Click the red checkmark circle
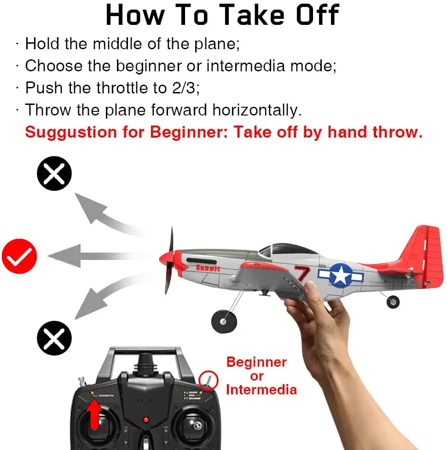tap(19, 256)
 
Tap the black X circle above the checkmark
tap(54, 174)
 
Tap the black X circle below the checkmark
tap(54, 338)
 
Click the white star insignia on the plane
tap(340, 276)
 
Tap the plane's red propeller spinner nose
tap(165, 259)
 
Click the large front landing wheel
tap(224, 321)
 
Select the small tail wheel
tap(393, 302)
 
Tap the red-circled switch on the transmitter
tap(208, 381)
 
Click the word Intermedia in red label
tap(261, 390)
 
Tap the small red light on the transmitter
tap(145, 420)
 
